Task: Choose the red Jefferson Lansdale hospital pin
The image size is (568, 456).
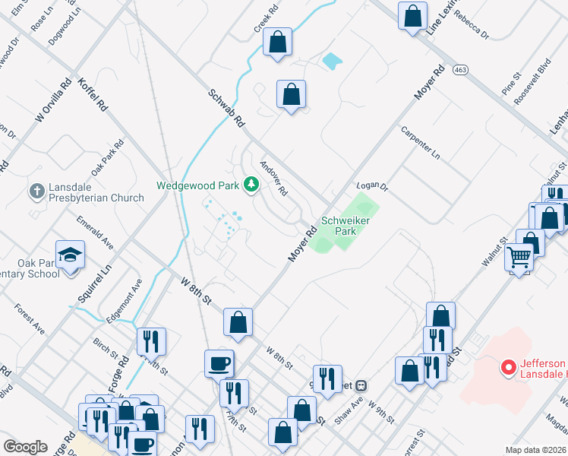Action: pos(510,368)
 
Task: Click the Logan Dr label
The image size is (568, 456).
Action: pos(372,186)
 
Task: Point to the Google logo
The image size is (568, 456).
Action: pos(25,447)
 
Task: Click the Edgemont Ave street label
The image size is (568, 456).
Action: pos(125,302)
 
